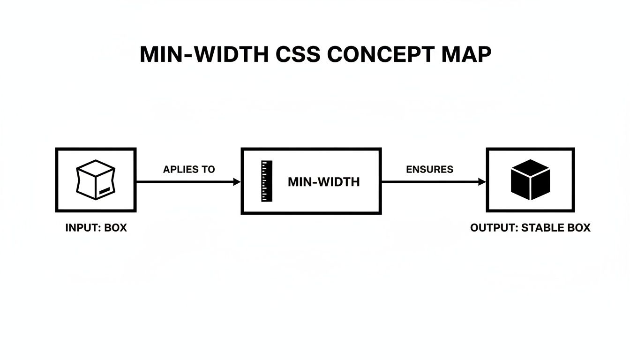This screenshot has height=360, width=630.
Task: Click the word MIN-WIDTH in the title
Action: pyautogui.click(x=204, y=55)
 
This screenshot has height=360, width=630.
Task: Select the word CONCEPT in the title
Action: pyautogui.click(x=381, y=55)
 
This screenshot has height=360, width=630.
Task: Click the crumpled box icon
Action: pyautogui.click(x=95, y=180)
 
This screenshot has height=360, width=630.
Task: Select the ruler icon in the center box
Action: pyautogui.click(x=266, y=181)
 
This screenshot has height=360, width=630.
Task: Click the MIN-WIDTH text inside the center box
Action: pyautogui.click(x=323, y=182)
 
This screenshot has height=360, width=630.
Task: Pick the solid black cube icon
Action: pyautogui.click(x=530, y=180)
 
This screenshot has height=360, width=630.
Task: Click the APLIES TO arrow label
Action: pyautogui.click(x=188, y=170)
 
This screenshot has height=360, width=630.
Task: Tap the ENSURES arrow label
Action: pyautogui.click(x=429, y=170)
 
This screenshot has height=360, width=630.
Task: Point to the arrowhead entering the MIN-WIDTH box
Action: pyautogui.click(x=237, y=182)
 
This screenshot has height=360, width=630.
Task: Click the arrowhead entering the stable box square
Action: pyautogui.click(x=482, y=182)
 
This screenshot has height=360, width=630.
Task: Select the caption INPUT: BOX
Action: pyautogui.click(x=96, y=228)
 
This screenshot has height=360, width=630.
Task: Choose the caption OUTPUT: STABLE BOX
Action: pyautogui.click(x=530, y=228)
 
